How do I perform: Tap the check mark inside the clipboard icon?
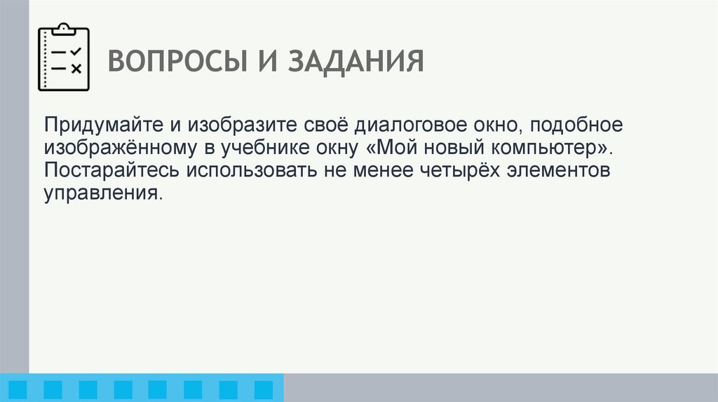point(76,51)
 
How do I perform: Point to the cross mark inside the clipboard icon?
point(76,68)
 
